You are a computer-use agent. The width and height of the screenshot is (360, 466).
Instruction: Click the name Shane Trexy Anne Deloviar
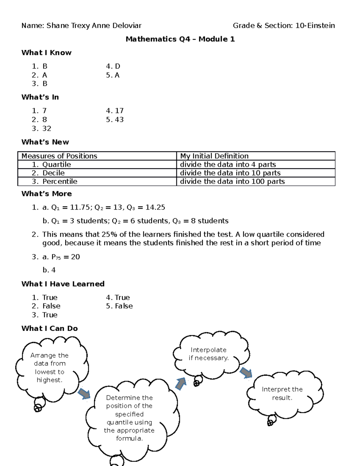[x=94, y=26]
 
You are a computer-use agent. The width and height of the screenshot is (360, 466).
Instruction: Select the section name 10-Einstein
[x=315, y=26]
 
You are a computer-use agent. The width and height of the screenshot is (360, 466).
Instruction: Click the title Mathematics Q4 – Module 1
[x=180, y=39]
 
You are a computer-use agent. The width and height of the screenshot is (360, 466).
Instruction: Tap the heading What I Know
[x=46, y=53]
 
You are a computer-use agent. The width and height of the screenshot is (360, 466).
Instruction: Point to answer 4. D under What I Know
[x=113, y=66]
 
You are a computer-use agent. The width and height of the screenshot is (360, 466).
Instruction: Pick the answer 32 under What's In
[x=46, y=128]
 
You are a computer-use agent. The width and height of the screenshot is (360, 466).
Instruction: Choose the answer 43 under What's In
[x=119, y=120]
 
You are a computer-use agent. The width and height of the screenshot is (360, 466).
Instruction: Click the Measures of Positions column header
[x=59, y=156]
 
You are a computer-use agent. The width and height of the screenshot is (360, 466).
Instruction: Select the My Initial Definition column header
[x=214, y=156]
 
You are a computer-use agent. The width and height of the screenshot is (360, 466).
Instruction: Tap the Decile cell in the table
[x=53, y=173]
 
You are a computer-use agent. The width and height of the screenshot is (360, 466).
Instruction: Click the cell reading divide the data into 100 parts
[x=232, y=182]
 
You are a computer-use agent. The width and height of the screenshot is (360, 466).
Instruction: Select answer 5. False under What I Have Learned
[x=119, y=306]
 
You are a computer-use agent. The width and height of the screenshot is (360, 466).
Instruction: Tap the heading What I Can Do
[x=49, y=329]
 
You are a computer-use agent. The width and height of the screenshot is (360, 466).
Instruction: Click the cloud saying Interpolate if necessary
[x=209, y=354]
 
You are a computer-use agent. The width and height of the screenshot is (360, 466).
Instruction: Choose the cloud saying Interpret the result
[x=282, y=393]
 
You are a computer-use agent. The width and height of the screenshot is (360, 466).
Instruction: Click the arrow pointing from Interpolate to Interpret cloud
[x=246, y=372]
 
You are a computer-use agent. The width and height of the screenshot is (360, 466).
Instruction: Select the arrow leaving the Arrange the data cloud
[x=84, y=393]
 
